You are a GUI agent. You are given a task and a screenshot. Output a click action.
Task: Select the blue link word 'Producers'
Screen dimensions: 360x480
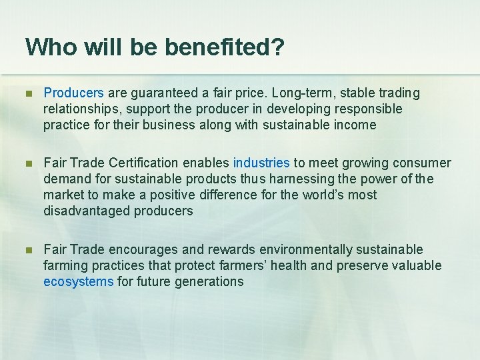(73, 93)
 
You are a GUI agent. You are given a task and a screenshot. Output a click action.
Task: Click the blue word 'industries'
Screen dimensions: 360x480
(261, 163)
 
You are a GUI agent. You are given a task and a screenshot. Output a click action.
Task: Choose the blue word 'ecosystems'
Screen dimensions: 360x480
(78, 281)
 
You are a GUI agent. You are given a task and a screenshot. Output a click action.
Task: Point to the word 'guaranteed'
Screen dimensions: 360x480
(160, 93)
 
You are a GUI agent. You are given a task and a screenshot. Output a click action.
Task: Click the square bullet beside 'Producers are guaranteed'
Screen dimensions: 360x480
(29, 93)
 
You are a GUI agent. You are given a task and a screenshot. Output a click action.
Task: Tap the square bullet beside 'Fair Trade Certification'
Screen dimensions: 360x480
(29, 163)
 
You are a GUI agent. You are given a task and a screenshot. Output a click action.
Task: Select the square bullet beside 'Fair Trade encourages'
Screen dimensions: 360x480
(29, 250)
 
